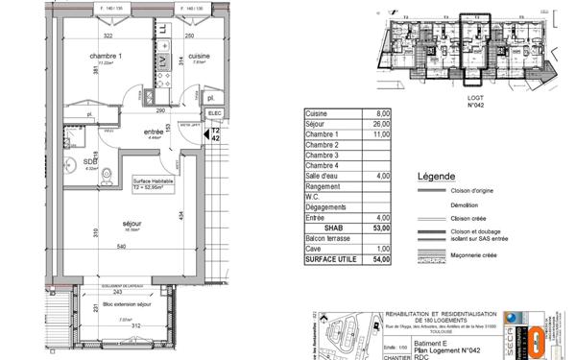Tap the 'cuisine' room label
200,56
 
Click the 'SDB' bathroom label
63,162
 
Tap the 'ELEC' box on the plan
214,111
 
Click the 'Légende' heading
437,178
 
